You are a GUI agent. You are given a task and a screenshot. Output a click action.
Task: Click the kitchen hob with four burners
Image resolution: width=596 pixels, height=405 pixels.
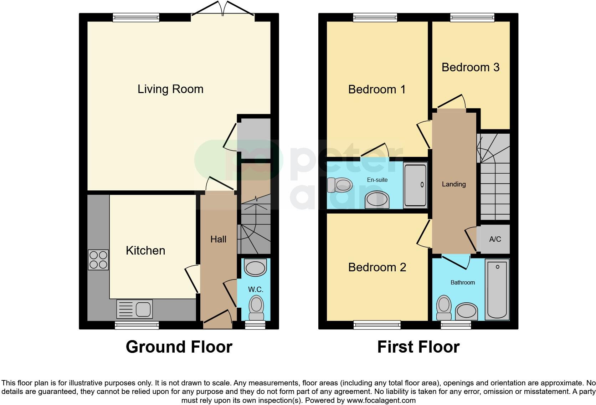(98, 260)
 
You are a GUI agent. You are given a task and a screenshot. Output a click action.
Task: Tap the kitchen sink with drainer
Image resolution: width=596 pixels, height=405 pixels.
(134, 309)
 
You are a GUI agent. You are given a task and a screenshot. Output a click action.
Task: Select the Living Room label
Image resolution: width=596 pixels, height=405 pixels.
(170, 89)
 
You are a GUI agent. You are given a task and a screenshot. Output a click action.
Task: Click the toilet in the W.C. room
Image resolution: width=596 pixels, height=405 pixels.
(256, 308)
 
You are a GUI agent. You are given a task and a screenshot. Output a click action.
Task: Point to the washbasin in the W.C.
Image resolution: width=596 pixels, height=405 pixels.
(256, 268)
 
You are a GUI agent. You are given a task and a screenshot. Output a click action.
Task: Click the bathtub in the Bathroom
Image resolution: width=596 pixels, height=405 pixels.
(497, 289)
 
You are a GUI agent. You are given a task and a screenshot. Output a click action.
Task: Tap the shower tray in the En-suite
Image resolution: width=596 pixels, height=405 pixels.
(415, 185)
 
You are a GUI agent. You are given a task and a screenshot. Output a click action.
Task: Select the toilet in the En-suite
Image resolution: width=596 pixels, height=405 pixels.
(340, 185)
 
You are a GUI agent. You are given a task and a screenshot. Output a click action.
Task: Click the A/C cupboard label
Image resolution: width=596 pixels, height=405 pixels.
(495, 239)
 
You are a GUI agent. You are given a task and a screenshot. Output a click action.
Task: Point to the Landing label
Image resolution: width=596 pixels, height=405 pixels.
(454, 184)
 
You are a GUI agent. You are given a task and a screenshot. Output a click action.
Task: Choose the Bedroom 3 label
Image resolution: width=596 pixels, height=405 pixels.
(470, 67)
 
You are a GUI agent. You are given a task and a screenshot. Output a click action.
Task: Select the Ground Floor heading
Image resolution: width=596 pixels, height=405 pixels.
(179, 347)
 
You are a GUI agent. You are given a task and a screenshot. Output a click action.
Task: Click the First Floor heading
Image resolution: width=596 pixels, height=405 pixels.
(418, 347)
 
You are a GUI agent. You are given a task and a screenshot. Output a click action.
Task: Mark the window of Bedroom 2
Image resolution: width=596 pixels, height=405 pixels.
(377, 325)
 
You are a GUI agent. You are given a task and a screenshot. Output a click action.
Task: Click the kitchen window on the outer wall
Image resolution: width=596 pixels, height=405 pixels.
(137, 325)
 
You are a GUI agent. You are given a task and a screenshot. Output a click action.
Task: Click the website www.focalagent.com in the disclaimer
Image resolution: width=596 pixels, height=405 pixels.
(381, 400)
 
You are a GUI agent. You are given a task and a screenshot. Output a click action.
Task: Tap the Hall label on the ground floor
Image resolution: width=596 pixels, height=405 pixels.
(218, 239)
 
